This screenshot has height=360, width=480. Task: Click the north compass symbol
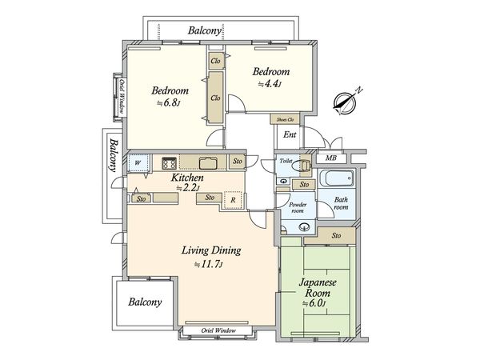coord(346,102)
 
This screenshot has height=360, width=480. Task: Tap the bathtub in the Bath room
coord(337,178)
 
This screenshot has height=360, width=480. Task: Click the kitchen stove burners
coord(169,163)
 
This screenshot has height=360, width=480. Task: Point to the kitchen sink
coord(208,163)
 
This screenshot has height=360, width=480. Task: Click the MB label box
coord(331,158)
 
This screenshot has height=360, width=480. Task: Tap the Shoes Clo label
coord(285,119)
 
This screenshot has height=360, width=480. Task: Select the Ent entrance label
coord(290,134)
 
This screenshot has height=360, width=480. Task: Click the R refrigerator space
coord(233,200)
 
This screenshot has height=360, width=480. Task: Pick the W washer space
coord(138,162)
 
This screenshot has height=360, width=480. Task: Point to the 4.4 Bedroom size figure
coord(270,83)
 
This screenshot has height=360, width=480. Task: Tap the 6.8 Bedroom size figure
coord(168,102)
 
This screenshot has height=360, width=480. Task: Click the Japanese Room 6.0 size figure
coord(314,303)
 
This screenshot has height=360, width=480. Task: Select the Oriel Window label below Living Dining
coord(218,330)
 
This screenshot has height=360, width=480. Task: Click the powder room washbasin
coord(304,227)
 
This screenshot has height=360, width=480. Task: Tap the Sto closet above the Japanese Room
coord(336,235)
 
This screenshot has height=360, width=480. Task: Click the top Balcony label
coord(205,30)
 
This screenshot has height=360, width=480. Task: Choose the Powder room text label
coord(298,207)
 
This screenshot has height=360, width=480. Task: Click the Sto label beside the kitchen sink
coord(238,161)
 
